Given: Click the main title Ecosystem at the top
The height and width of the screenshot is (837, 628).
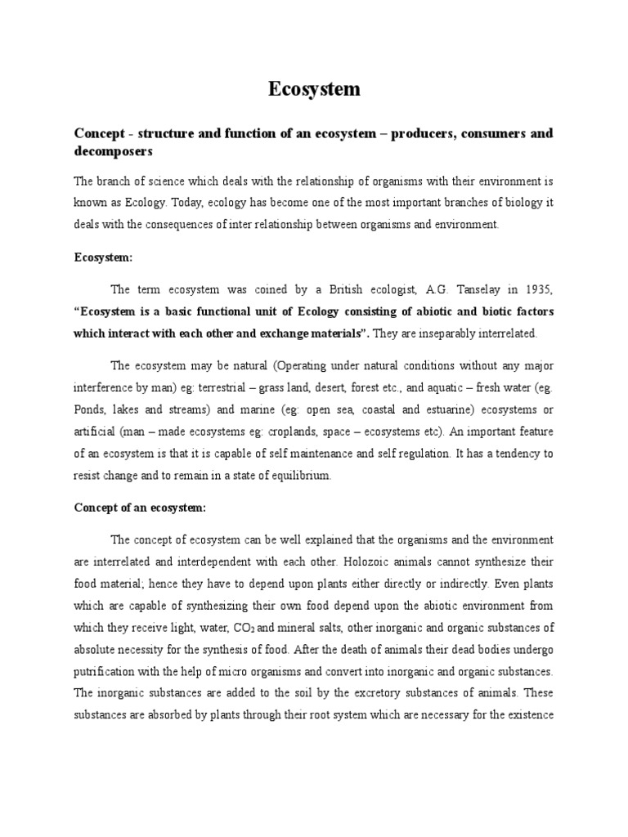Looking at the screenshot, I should [314, 89].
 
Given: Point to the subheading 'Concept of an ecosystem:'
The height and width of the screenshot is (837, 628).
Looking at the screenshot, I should [141, 507].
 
